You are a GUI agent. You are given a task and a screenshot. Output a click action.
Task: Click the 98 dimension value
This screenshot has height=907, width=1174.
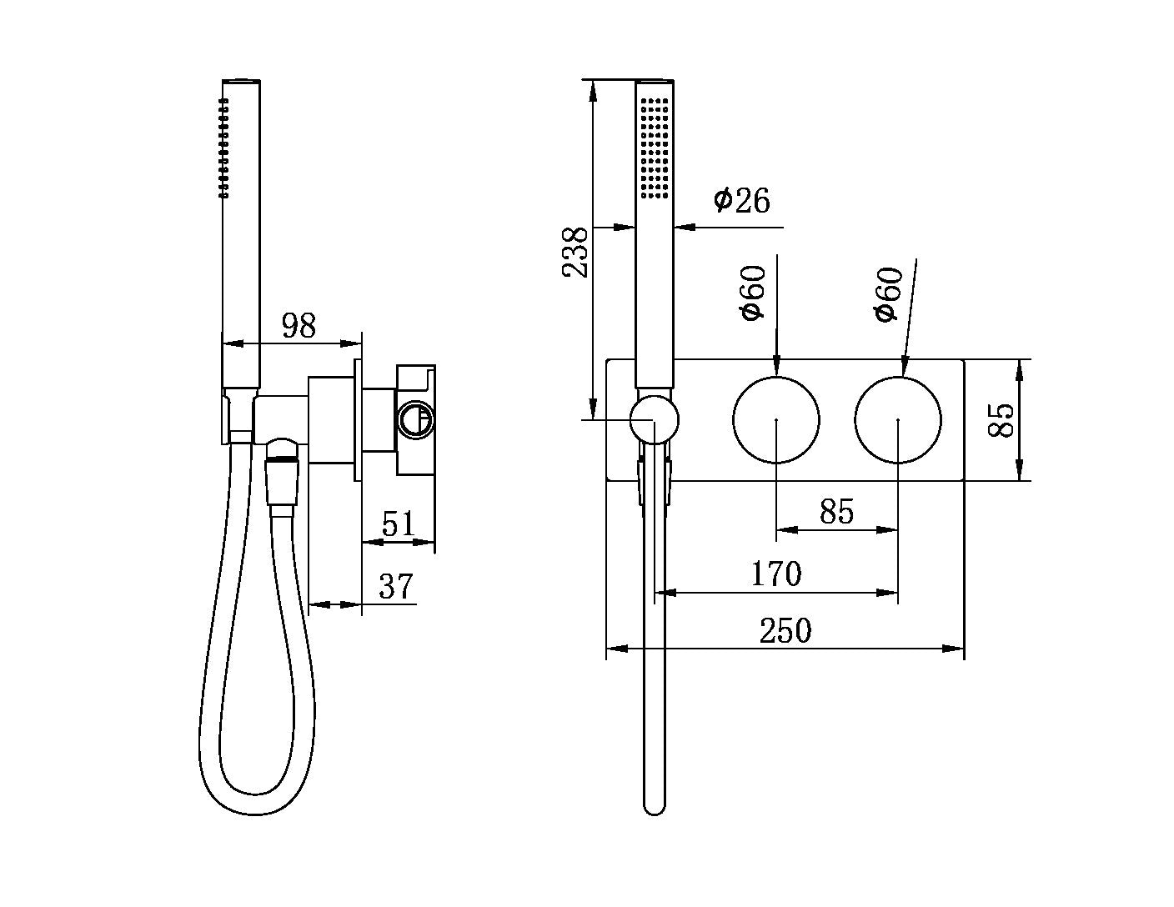click(x=299, y=325)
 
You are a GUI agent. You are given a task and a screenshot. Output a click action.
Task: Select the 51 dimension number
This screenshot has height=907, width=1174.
click(x=398, y=524)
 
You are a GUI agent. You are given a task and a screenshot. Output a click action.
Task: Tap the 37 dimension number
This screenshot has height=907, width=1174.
click(x=396, y=586)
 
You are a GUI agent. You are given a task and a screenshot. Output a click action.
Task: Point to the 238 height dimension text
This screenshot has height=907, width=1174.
click(x=575, y=252)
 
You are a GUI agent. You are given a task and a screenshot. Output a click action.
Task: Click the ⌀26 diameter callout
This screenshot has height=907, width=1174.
click(x=741, y=201)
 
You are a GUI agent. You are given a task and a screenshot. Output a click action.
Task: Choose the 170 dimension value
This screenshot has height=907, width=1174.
click(x=775, y=574)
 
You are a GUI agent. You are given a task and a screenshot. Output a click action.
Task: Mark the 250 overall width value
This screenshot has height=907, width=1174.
click(x=785, y=631)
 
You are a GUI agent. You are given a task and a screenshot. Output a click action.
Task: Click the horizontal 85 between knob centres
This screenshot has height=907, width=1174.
click(x=836, y=511)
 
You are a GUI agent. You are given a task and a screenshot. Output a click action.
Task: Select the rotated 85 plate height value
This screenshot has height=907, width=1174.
click(x=1000, y=419)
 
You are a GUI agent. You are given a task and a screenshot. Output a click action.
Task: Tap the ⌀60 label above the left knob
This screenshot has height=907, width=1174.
click(x=751, y=293)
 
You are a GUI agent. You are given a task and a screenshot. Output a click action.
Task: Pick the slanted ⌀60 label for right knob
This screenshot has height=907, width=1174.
click(x=888, y=294)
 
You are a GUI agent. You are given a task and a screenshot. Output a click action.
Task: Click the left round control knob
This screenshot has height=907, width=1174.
click(x=775, y=419)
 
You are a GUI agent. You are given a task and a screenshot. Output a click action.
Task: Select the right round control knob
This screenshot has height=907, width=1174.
click(x=898, y=419)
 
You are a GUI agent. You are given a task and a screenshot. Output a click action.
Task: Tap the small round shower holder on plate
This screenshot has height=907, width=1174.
click(x=654, y=419)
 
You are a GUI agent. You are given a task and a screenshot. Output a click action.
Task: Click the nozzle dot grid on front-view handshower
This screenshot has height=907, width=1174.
click(x=655, y=148)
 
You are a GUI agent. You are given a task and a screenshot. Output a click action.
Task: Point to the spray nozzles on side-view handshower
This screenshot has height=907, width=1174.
click(x=223, y=148)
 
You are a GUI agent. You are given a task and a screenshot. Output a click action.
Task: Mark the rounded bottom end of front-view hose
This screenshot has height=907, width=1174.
click(x=655, y=804)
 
